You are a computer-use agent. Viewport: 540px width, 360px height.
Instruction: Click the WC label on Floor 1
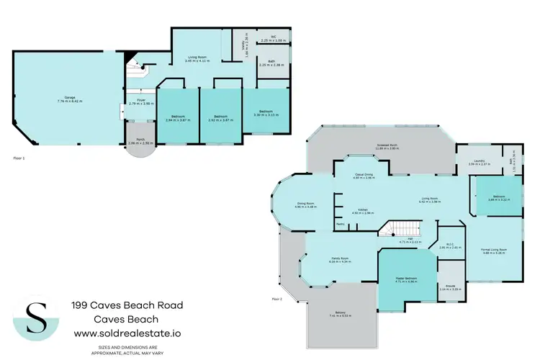pos(273,38)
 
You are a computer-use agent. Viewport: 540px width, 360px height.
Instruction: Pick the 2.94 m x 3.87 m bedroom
pos(178,117)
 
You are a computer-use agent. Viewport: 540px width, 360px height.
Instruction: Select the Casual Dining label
pos(363,176)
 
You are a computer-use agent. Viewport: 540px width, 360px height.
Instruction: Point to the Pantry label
pos(341,225)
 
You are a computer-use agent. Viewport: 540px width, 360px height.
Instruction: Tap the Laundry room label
pos(479,162)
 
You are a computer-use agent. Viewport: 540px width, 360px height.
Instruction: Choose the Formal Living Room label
pos(494,250)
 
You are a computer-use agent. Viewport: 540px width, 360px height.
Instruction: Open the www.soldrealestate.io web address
pos(127,333)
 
